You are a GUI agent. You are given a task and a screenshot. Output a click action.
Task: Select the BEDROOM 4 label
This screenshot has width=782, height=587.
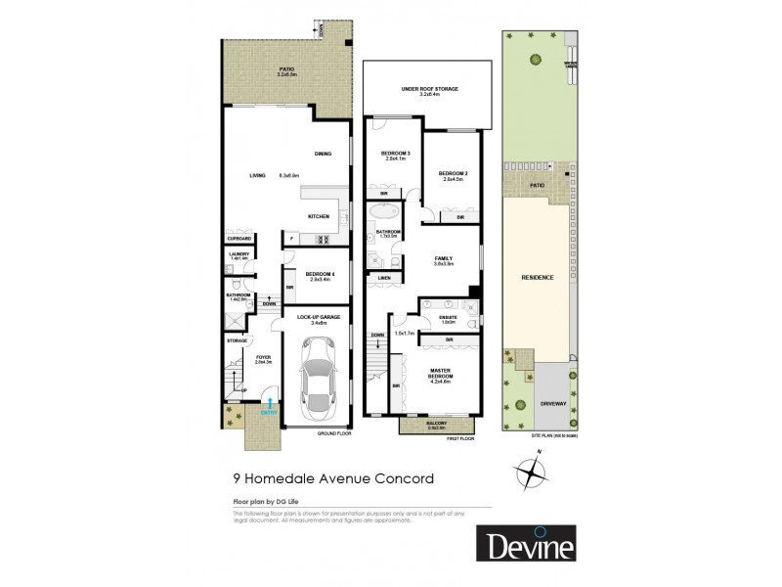(320, 274)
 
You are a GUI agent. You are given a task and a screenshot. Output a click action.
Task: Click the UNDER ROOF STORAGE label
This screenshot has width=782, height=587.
(430, 89)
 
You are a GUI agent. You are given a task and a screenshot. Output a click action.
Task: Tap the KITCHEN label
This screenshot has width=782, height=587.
(319, 216)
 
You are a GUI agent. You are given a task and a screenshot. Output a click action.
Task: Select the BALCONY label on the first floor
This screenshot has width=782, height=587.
(437, 423)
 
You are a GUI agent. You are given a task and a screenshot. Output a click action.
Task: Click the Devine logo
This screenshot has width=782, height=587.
(527, 545)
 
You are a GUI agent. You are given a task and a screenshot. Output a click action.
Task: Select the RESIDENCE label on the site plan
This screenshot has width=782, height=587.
(539, 278)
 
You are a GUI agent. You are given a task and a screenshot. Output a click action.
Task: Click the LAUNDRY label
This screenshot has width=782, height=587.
(240, 253)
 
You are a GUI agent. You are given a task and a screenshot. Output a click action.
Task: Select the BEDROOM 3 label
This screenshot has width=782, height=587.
(394, 154)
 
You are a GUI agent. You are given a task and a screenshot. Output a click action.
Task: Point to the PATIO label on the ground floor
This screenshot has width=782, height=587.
(286, 68)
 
